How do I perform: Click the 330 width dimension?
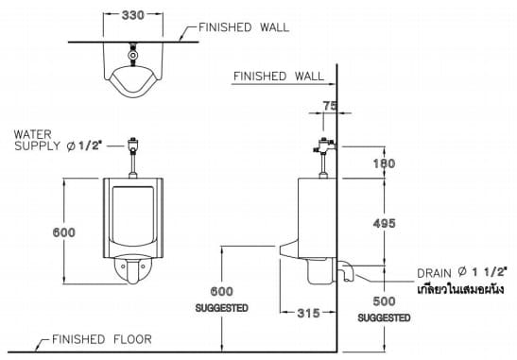[132, 16]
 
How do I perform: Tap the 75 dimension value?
[329, 107]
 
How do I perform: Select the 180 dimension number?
[385, 163]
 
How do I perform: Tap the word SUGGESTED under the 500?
[385, 318]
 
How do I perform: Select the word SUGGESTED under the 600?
[221, 308]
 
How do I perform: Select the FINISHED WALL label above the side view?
[277, 76]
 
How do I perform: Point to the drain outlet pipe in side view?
[347, 273]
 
